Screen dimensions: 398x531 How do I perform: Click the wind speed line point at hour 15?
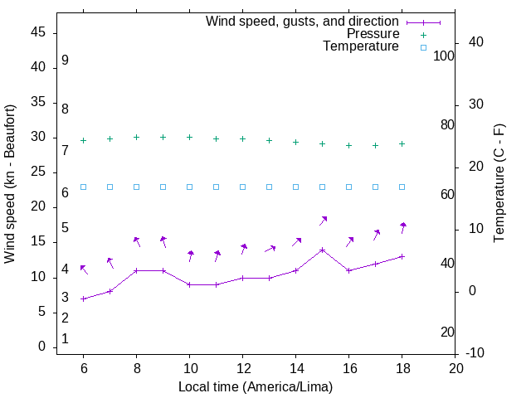coord(323,250)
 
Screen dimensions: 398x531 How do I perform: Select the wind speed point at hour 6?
coord(83,298)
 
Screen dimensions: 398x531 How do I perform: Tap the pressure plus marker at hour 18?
coord(402,143)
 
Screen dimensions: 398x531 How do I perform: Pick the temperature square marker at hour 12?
coord(243,187)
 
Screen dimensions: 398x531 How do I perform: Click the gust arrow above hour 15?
coord(324,220)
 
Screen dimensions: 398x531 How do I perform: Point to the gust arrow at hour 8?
coord(137,241)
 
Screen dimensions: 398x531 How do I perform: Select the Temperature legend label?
coord(361,47)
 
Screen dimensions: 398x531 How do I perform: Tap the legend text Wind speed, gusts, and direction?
coord(302,21)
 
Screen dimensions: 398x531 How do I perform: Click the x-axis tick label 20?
coord(455,368)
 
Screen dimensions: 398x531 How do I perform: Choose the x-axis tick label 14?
coord(296,368)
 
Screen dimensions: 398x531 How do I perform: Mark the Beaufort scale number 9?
coord(65,61)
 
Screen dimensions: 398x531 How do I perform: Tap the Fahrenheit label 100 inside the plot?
coord(445,56)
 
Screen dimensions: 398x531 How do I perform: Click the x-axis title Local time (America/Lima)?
coord(256,386)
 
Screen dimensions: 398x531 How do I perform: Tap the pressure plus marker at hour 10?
coord(190,137)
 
